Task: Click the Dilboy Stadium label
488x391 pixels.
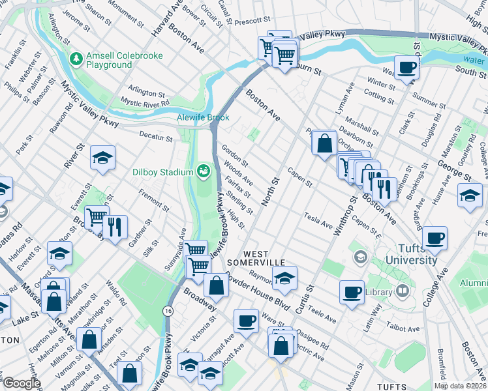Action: click(162, 172)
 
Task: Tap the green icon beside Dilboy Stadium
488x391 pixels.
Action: click(204, 171)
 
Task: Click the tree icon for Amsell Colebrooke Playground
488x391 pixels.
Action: click(76, 59)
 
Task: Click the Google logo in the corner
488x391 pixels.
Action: click(22, 383)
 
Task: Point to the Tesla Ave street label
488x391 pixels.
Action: click(318, 219)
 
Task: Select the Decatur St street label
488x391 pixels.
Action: click(155, 138)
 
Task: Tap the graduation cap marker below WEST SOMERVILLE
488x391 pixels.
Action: click(284, 278)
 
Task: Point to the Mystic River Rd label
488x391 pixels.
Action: click(145, 102)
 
